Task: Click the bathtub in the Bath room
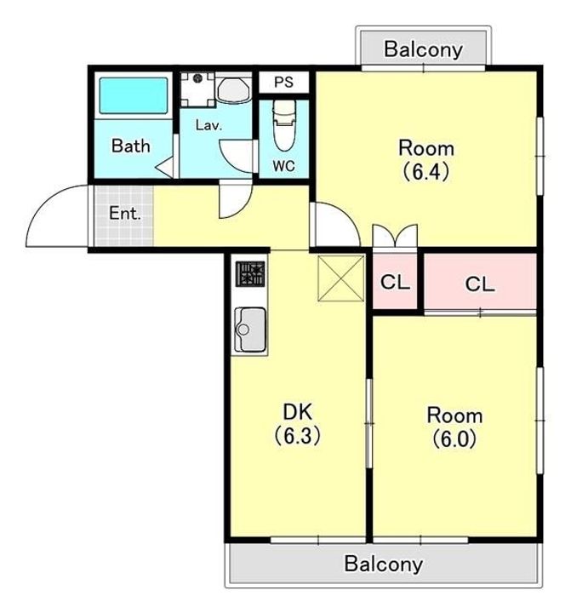(x=134, y=95)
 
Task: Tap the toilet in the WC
(x=284, y=125)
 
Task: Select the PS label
(x=283, y=82)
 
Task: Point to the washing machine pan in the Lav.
(x=197, y=89)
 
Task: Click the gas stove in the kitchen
(x=250, y=273)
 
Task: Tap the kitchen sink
(x=250, y=329)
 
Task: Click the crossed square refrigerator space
(x=341, y=278)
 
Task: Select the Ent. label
(x=125, y=214)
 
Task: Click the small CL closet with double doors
(x=395, y=281)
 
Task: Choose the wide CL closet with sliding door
(x=480, y=282)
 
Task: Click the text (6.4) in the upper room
(x=425, y=171)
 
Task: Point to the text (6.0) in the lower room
(x=454, y=438)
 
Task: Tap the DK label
(x=298, y=412)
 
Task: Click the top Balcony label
(x=423, y=49)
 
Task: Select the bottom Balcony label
(x=383, y=564)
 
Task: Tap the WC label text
(x=283, y=166)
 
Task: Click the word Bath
(x=130, y=146)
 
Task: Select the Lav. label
(x=208, y=125)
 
